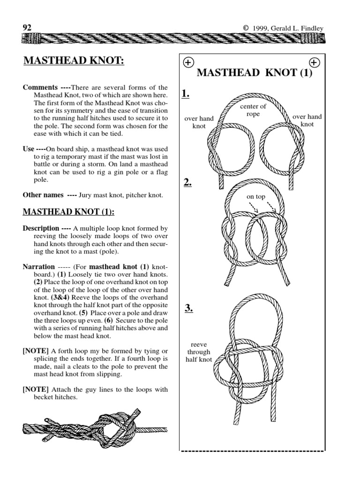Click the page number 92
coord(27,28)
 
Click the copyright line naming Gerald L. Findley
coord(283,28)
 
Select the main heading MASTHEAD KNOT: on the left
coord(74,61)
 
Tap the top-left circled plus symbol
coord(187,62)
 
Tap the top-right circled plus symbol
coord(314,62)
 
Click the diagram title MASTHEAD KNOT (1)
coord(254,73)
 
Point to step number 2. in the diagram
coord(187,183)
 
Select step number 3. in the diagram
coord(188,308)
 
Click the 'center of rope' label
coord(253,111)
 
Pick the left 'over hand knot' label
coord(199,122)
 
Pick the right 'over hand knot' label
coord(307,120)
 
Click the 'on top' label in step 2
coord(256,197)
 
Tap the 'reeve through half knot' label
coord(199,352)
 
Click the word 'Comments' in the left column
coord(40,88)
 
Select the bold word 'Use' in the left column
coord(28,149)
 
